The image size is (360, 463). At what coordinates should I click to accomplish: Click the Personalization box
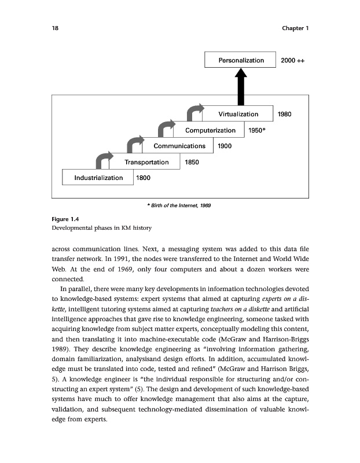pyautogui.click(x=241, y=60)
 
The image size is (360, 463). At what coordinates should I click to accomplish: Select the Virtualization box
pyautogui.click(x=238, y=115)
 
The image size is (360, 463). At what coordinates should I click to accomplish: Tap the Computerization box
pyautogui.click(x=207, y=130)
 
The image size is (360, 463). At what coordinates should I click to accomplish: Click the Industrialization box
pyautogui.click(x=98, y=178)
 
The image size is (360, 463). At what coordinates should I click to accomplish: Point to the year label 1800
pyautogui.click(x=144, y=178)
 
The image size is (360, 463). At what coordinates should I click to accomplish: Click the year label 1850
pyautogui.click(x=192, y=162)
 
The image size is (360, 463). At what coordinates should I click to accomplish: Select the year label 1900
pyautogui.click(x=224, y=146)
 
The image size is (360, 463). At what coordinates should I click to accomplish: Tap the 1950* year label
pyautogui.click(x=256, y=130)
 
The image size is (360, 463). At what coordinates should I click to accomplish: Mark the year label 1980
pyautogui.click(x=285, y=115)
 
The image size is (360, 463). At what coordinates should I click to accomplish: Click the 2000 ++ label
pyautogui.click(x=292, y=60)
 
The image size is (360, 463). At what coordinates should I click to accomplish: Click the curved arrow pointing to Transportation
pyautogui.click(x=104, y=157)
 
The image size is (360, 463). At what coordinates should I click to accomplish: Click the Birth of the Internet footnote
pyautogui.click(x=179, y=205)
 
